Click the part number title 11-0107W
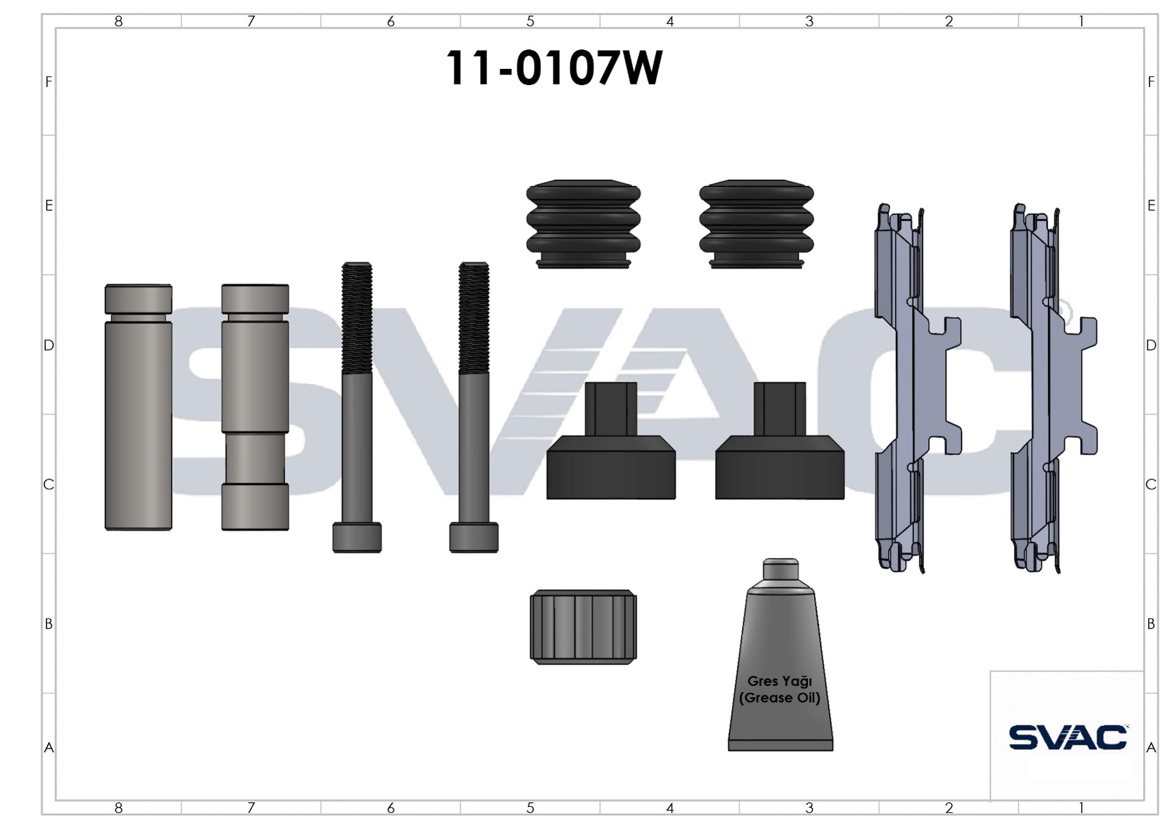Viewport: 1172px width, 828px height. click(553, 68)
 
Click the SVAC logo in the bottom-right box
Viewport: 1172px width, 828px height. click(1068, 737)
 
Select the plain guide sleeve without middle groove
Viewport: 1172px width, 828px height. click(139, 407)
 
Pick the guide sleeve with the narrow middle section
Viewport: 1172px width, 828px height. click(255, 407)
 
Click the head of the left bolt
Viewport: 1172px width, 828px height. click(357, 537)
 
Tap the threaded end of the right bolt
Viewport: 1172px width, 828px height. click(474, 317)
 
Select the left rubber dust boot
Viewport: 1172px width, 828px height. click(583, 225)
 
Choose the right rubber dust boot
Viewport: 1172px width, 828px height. click(756, 225)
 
